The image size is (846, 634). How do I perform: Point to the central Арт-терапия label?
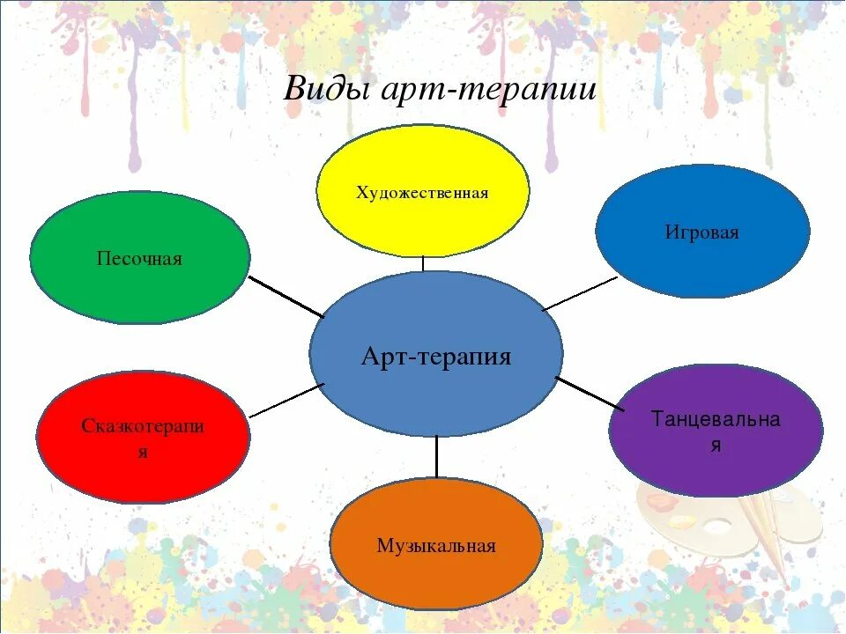click(436, 357)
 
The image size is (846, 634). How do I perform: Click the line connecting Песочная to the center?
click(286, 297)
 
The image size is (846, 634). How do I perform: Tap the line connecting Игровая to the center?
click(580, 293)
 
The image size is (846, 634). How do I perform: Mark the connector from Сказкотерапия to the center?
click(287, 401)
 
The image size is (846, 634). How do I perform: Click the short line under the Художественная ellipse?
click(423, 263)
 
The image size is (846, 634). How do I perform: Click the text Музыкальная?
click(436, 546)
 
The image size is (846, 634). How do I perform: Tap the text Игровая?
click(702, 233)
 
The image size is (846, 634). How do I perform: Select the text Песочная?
click(139, 259)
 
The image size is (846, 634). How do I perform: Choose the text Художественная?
click(423, 193)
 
